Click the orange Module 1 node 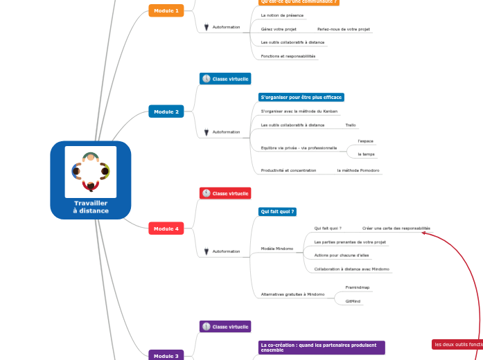(166, 10)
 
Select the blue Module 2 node (166, 111)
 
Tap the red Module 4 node (166, 228)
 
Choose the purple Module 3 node (166, 356)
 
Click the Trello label (351, 125)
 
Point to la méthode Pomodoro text (358, 170)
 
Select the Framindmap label (358, 287)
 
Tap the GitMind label (353, 301)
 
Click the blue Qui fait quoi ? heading (277, 211)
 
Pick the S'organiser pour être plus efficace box (301, 98)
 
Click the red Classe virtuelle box (225, 193)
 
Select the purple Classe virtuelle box (225, 326)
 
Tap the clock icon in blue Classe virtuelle (206, 79)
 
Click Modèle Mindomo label (277, 249)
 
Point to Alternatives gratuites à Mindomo (292, 294)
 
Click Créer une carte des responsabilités (396, 228)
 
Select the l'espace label (365, 141)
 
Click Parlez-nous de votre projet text (344, 29)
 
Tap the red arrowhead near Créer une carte (424, 234)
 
